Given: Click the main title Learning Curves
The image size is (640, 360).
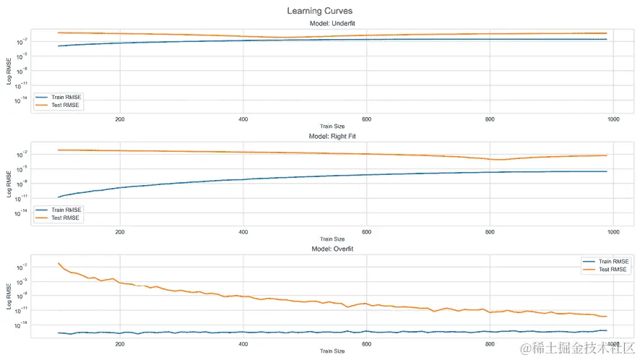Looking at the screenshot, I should coord(319,11).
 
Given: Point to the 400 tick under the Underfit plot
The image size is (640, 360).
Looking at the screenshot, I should coord(243,119).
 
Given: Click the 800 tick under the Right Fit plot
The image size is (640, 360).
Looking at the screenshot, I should coord(490,231).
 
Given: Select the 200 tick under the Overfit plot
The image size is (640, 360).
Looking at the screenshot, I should coord(120,344).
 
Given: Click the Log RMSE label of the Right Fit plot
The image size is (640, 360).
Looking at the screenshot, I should coord(9,180).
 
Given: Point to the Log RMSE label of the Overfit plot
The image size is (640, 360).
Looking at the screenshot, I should coord(9,293).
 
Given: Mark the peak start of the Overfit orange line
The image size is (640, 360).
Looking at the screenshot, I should coord(59,263).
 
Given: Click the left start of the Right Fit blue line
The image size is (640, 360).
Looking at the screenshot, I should coord(59,197).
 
